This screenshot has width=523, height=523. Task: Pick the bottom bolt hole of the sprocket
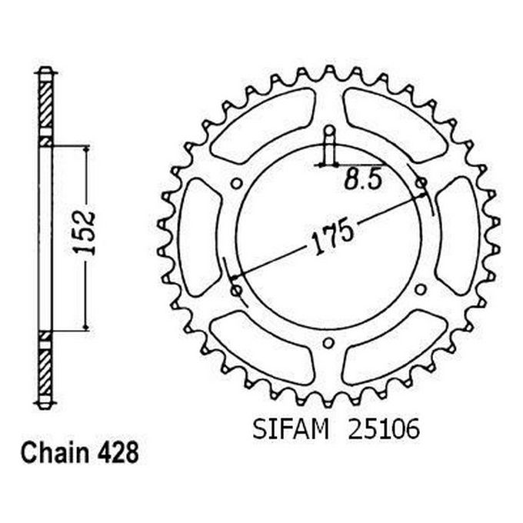pos(328,342)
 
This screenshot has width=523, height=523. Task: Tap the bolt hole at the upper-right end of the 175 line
pos(421,182)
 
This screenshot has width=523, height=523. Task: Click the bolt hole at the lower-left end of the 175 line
pos(235,289)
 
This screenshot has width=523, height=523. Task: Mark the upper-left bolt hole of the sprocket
pos(236,182)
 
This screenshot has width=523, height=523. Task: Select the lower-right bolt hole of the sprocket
pos(421,289)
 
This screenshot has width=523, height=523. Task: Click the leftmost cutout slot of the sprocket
pos(199,235)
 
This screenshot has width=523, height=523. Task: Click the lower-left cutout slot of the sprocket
pos(262,348)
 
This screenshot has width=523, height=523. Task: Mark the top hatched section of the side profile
pos(46,104)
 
